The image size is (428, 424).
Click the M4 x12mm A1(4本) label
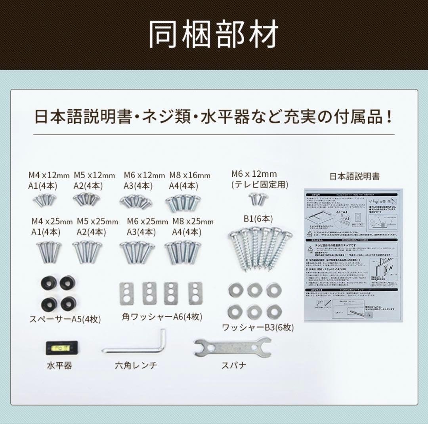[49, 180]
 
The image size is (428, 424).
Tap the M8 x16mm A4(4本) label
[189, 180]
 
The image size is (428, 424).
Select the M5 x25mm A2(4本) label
[97, 226]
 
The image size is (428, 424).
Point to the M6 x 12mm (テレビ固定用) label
[260, 179]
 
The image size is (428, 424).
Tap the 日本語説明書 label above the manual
[354, 176]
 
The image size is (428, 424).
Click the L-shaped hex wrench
[135, 345]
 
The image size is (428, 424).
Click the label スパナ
[233, 365]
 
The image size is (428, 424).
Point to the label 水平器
[59, 365]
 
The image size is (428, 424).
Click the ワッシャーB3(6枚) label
[258, 327]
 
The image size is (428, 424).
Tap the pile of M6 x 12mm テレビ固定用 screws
[258, 199]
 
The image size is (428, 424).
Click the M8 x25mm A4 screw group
[183, 252]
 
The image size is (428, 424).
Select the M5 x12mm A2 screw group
[87, 199]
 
